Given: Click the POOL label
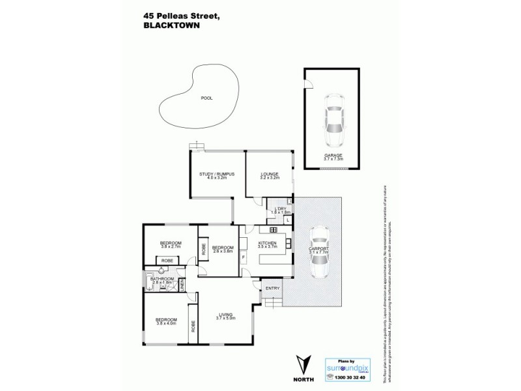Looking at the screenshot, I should [207, 98].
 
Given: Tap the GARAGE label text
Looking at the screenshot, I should [333, 155].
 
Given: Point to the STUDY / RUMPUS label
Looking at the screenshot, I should [212, 174].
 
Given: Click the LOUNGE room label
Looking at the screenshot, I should [269, 174].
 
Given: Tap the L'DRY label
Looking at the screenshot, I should [281, 209].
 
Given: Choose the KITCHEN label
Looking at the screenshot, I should [267, 243].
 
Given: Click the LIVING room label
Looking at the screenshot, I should [225, 315].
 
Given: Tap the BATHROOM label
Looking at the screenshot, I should [162, 279].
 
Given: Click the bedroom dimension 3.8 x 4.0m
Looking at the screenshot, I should [167, 323].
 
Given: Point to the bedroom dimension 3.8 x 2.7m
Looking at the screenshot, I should [171, 247].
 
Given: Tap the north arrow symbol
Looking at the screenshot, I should [301, 361].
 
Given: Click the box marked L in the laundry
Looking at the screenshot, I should [287, 220].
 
